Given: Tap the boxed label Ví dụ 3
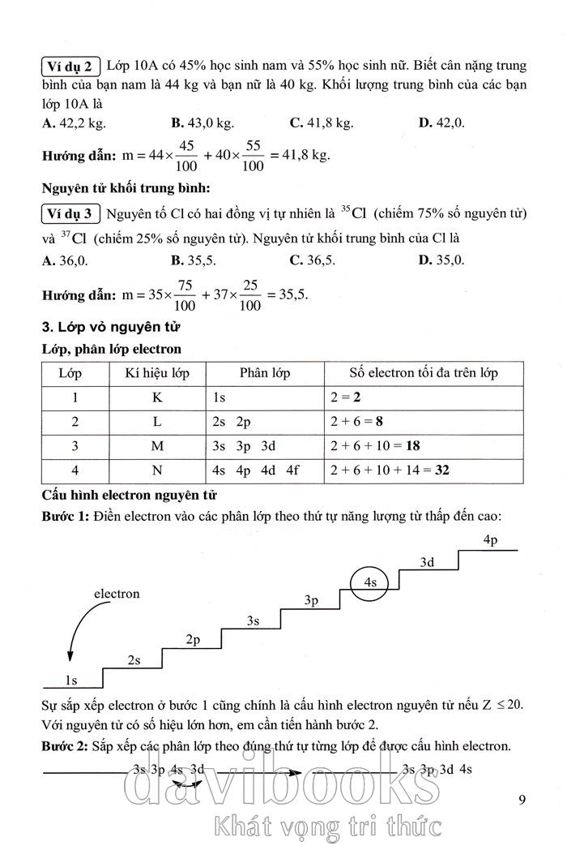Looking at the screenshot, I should coord(70,214).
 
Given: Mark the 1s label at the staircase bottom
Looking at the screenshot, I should coord(71,680).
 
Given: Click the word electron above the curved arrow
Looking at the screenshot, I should coord(117,594).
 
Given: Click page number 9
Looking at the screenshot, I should coord(522,801).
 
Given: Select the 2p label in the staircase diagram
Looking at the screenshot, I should coord(193,640).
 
